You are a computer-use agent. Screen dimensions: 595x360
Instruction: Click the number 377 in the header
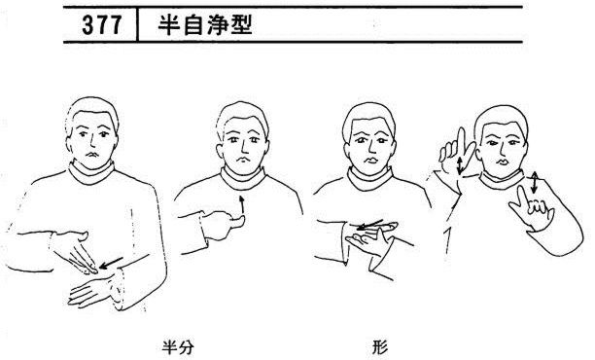[x=102, y=25]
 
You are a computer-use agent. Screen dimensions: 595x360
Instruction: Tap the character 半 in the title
[x=169, y=25]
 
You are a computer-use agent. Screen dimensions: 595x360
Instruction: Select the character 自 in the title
[x=193, y=25]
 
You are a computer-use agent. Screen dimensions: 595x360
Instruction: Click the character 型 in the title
[x=241, y=25]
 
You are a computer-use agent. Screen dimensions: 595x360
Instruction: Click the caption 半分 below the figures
[x=178, y=347]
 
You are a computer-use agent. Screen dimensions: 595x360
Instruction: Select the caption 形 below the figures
[x=380, y=347]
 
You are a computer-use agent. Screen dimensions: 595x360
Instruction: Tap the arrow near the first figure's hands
[x=111, y=263]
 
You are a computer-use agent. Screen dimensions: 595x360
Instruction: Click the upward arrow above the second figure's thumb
[x=241, y=205]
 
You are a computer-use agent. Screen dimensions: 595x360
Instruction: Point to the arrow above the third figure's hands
[x=370, y=225]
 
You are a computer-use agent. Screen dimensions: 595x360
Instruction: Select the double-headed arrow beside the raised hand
[x=460, y=165]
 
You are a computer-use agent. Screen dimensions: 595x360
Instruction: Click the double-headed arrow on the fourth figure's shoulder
[x=534, y=182]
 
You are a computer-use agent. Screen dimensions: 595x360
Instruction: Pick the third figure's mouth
[x=370, y=160]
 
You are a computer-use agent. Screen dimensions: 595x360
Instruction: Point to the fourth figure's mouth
[x=504, y=162]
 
